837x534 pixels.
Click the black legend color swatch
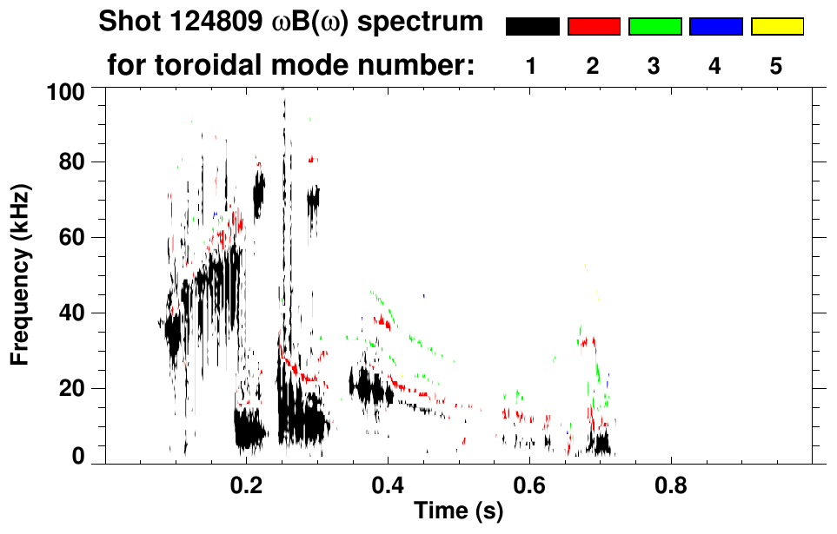click(532, 27)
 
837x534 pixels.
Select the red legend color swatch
click(594, 27)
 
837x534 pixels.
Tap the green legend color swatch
click(654, 27)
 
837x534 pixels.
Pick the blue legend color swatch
click(715, 27)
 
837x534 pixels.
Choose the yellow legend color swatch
click(776, 27)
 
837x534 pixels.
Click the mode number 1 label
click(532, 66)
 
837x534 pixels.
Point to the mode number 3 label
click(654, 66)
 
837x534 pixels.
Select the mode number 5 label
click(776, 66)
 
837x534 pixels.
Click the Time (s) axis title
click(458, 512)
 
